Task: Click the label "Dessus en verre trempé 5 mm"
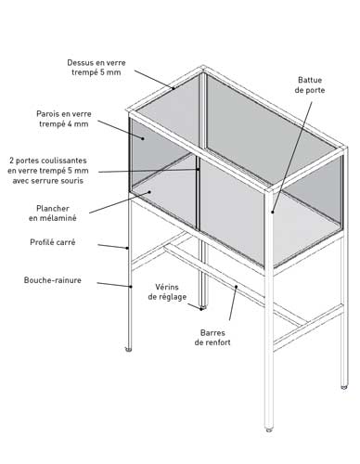(96, 68)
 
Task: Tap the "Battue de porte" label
(310, 85)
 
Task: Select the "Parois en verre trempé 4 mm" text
(64, 119)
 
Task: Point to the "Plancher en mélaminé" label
(53, 213)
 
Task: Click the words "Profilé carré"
(53, 242)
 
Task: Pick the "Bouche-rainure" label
(53, 280)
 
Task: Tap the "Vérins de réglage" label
(167, 291)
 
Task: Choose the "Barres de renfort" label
(212, 338)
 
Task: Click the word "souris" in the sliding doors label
(73, 181)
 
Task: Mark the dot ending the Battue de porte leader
(273, 212)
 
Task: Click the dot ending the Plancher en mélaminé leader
(149, 192)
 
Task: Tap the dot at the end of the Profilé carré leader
(127, 248)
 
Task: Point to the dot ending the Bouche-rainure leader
(131, 287)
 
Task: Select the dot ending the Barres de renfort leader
(236, 287)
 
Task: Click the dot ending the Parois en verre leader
(143, 138)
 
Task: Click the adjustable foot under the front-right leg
(269, 430)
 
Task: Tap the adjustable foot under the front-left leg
(128, 350)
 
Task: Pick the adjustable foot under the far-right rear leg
(344, 387)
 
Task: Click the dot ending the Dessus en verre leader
(174, 88)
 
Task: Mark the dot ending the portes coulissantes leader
(198, 169)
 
